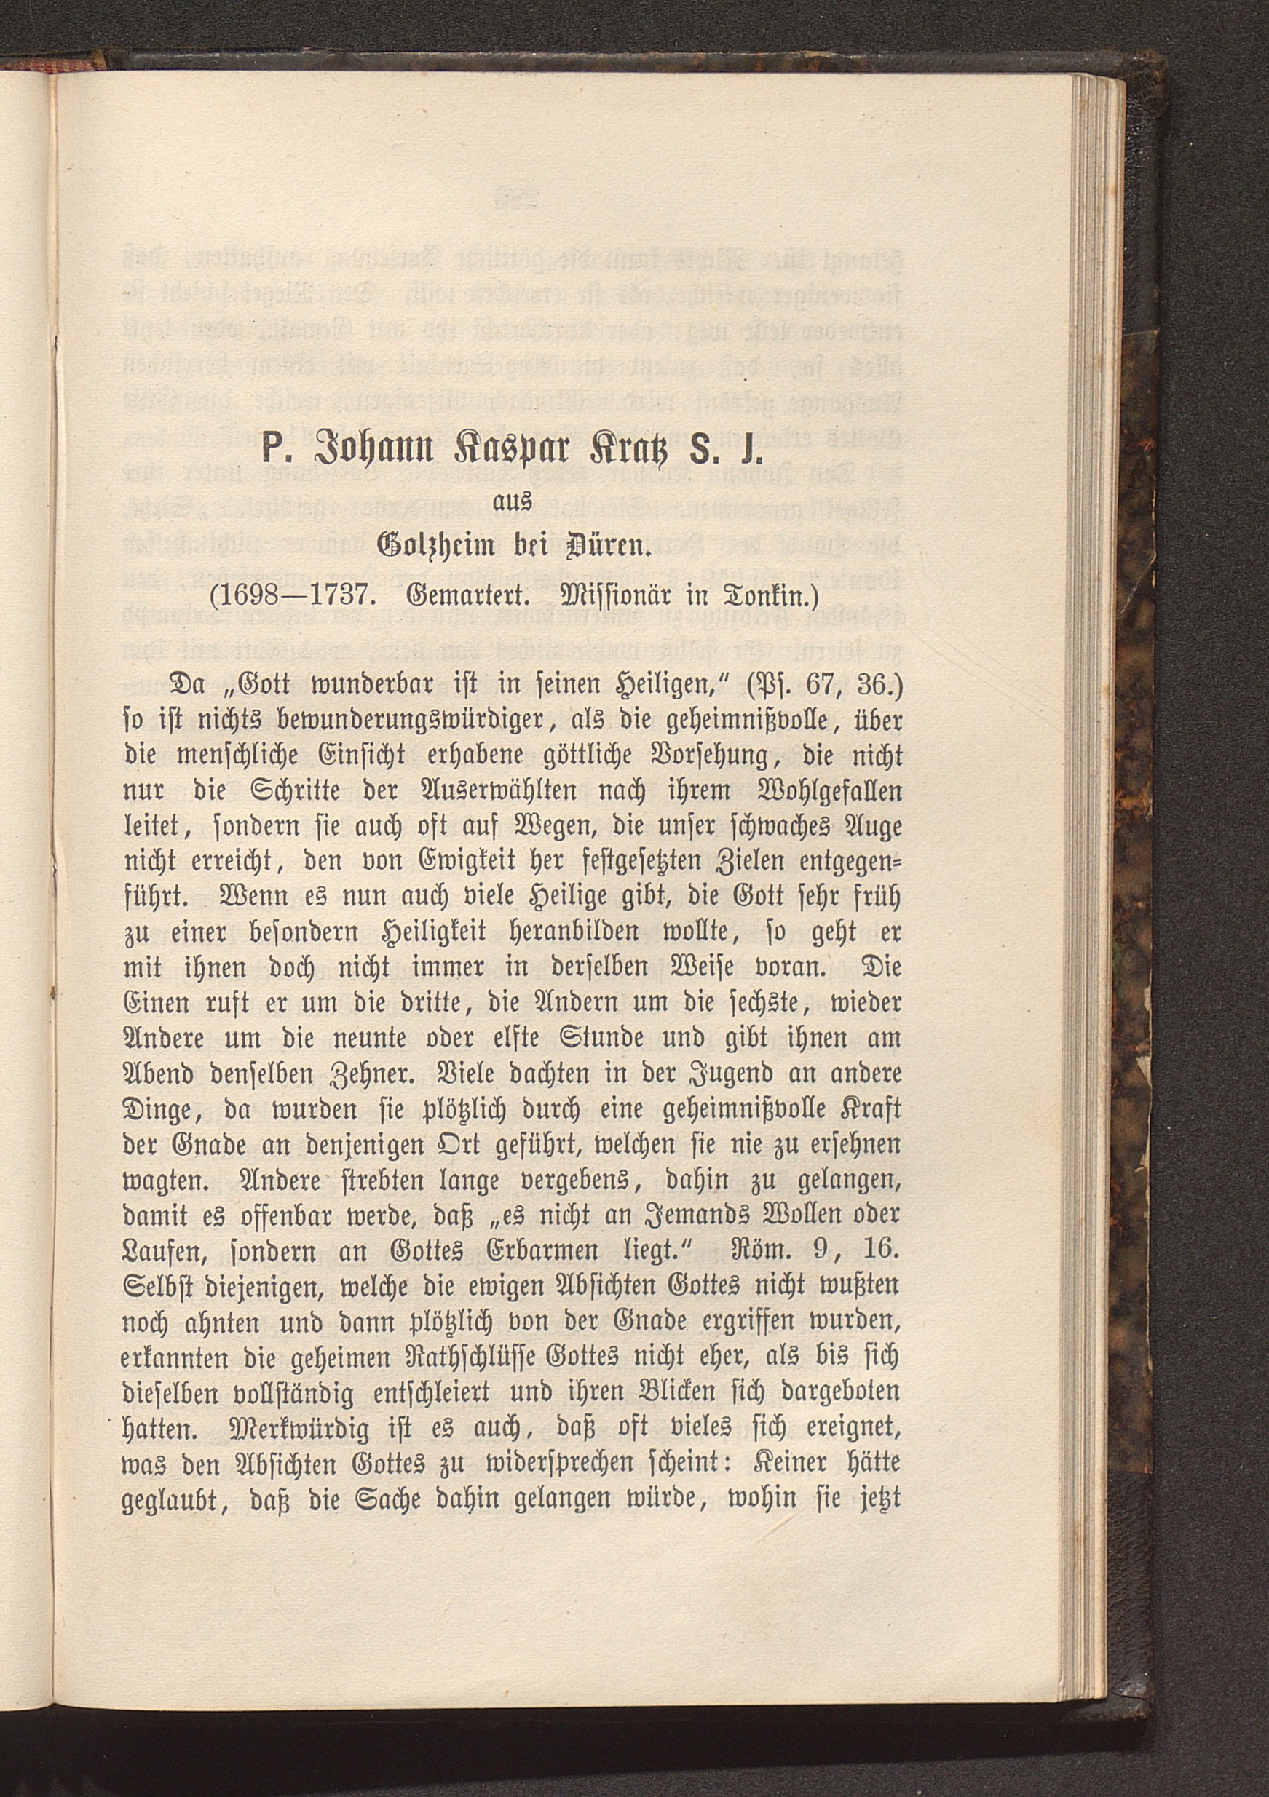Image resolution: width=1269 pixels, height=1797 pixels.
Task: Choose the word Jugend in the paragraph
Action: coord(669,1073)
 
